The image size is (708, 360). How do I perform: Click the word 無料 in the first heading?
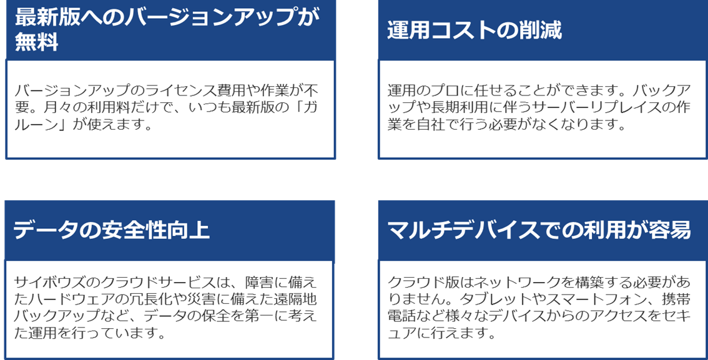point(37,43)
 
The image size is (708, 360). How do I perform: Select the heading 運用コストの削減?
point(474,31)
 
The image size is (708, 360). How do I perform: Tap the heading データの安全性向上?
point(111,230)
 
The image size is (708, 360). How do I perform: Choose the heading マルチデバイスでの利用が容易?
point(539,230)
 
